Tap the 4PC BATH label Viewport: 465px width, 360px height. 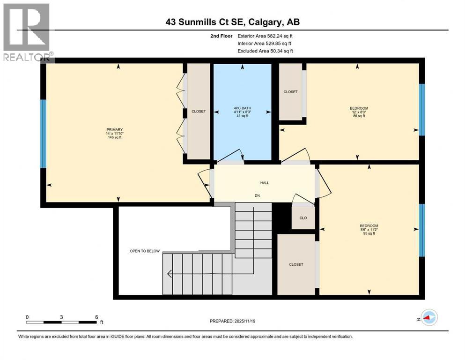[x=242, y=108]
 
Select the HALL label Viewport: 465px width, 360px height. [x=265, y=183]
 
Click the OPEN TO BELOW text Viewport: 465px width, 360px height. [x=145, y=251]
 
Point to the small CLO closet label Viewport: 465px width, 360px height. [x=303, y=217]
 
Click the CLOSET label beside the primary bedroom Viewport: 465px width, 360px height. [x=199, y=112]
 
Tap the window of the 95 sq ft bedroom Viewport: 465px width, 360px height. [x=421, y=230]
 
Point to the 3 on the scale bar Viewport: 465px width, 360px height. [x=61, y=317]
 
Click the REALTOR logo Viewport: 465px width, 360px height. [x=27, y=32]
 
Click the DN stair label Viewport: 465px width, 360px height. [x=257, y=195]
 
